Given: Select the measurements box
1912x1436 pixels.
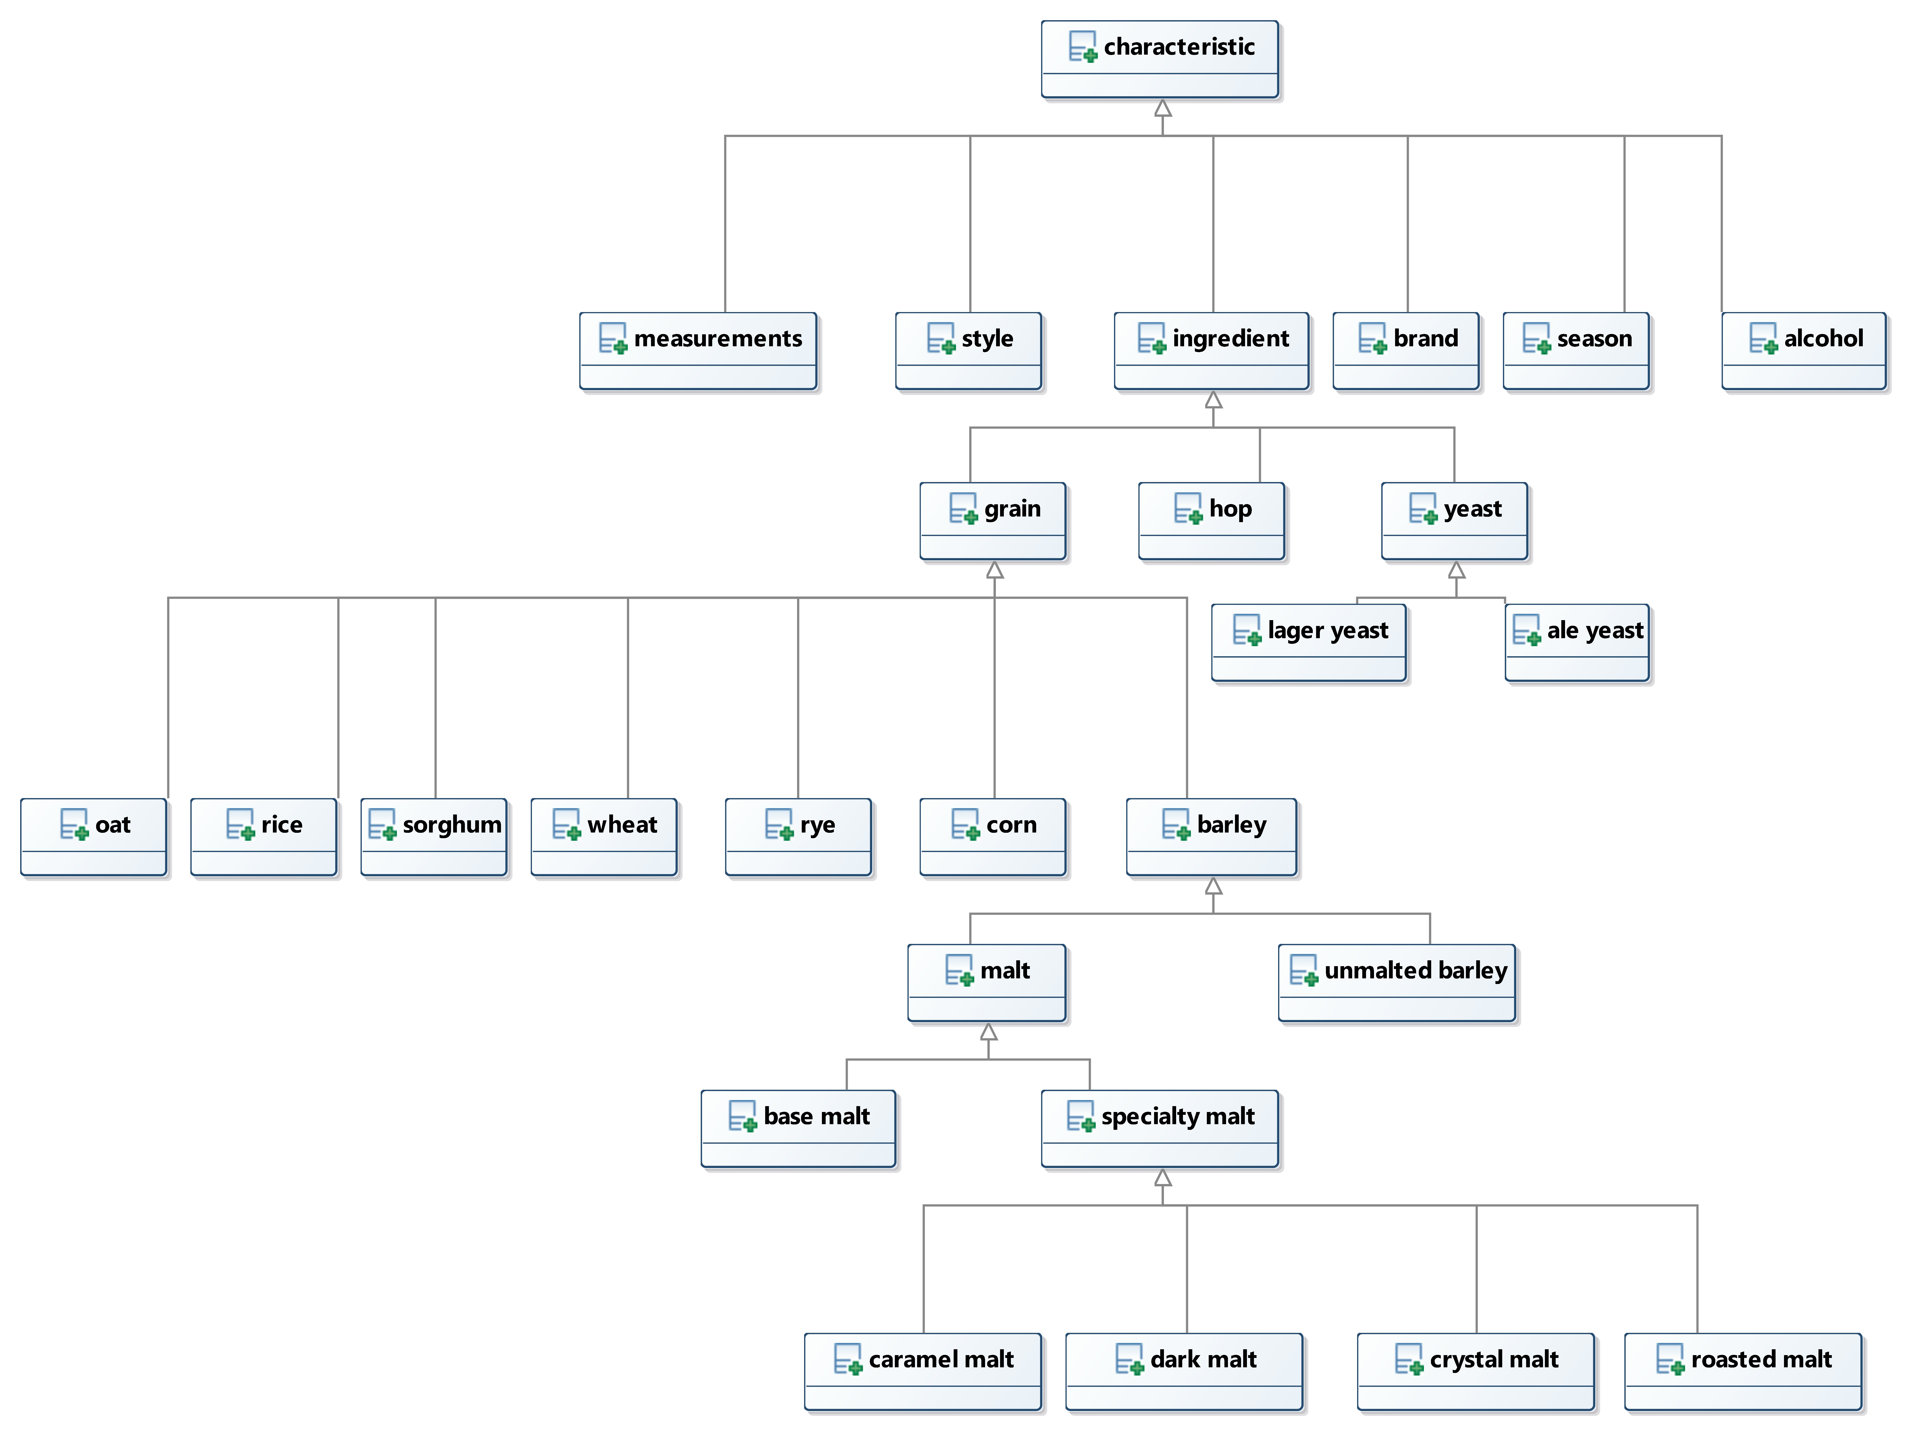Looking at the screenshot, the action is pos(698,351).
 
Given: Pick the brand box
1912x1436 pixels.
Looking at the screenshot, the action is pos(1406,351).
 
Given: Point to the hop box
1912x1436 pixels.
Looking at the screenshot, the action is pos(1212,521).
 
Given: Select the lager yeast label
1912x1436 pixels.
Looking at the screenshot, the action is pos(1328,631).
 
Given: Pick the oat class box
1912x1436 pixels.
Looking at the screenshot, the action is pos(93,838).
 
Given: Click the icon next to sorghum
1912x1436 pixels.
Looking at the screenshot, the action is pos(382,825).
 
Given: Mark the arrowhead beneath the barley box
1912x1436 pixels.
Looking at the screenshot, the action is pos(1214,886).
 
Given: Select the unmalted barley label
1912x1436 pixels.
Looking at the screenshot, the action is pos(1416,971).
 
